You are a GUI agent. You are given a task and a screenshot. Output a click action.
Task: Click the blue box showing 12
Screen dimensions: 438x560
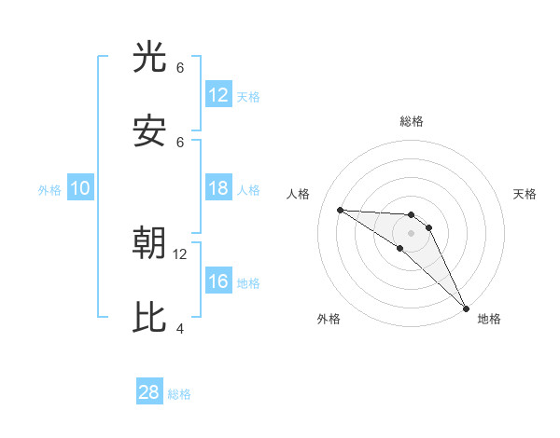(x=217, y=95)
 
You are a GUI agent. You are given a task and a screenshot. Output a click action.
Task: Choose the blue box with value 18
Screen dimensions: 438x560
(x=217, y=188)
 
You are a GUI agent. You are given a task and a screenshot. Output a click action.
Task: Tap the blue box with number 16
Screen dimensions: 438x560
(x=217, y=281)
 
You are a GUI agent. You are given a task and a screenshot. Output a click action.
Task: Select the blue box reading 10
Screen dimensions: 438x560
(x=80, y=188)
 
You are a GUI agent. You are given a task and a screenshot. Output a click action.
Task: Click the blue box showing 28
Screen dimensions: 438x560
(x=149, y=392)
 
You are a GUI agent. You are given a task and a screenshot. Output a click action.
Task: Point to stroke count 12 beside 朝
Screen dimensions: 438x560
(x=180, y=253)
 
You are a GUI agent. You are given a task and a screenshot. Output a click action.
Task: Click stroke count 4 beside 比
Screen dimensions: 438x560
(x=180, y=328)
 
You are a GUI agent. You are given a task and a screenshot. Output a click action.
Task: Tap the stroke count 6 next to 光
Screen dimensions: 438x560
(x=180, y=67)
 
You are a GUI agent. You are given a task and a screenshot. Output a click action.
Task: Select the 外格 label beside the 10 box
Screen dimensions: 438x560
(x=49, y=190)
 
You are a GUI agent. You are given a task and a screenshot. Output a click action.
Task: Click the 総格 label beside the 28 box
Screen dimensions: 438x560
(x=179, y=394)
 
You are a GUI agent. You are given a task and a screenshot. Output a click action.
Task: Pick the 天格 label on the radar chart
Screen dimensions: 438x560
(x=525, y=194)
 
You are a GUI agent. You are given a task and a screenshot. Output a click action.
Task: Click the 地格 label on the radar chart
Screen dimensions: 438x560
(x=489, y=319)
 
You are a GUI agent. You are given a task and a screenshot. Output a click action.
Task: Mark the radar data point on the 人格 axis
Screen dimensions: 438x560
(x=340, y=210)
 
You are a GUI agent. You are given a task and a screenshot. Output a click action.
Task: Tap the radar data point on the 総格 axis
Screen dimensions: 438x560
(x=411, y=215)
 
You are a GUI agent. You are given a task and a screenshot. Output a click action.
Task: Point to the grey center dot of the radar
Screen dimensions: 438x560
(x=411, y=232)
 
